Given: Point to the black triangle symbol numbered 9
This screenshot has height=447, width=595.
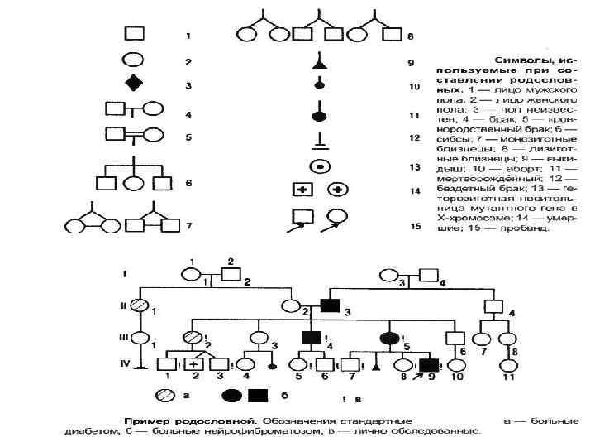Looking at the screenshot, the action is click(317, 63).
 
